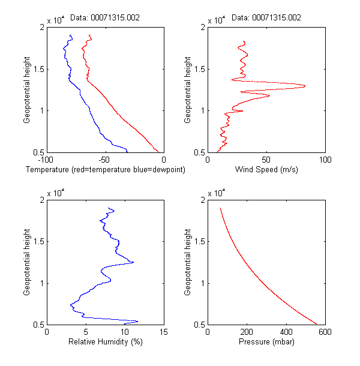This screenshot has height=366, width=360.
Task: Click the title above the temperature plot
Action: [x=105, y=18]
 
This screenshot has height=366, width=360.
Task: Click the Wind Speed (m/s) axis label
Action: [x=266, y=170]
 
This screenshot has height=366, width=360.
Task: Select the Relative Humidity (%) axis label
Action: [x=105, y=343]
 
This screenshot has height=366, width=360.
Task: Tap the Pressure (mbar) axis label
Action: [x=266, y=343]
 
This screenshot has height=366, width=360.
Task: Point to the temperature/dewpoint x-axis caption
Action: [x=106, y=170]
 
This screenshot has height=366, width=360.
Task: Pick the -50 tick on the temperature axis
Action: [x=105, y=160]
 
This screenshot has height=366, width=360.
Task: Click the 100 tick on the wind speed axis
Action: [x=325, y=160]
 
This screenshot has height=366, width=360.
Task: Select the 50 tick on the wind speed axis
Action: [x=266, y=160]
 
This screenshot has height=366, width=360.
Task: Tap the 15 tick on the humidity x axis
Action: [x=164, y=332]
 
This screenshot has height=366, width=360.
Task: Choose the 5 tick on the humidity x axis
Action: [x=86, y=332]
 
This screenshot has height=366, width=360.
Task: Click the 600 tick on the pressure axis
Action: [x=325, y=332]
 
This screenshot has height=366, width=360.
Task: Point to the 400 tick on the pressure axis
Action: [x=286, y=332]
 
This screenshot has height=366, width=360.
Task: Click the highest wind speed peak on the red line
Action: [x=305, y=86]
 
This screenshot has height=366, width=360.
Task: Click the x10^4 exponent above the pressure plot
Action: [x=217, y=193]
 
